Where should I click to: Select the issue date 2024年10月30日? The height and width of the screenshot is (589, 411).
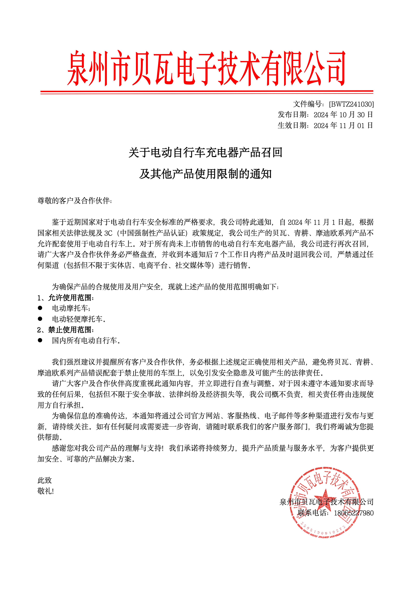(343, 115)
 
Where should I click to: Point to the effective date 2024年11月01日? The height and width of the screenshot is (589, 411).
(343, 125)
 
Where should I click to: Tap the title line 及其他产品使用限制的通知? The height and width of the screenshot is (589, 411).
(205, 174)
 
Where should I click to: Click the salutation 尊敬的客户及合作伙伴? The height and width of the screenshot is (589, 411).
(74, 201)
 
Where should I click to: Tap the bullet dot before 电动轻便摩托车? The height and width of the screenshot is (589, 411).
(40, 319)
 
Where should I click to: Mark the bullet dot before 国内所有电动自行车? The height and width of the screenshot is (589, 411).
(40, 340)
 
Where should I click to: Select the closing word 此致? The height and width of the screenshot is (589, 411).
(45, 480)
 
